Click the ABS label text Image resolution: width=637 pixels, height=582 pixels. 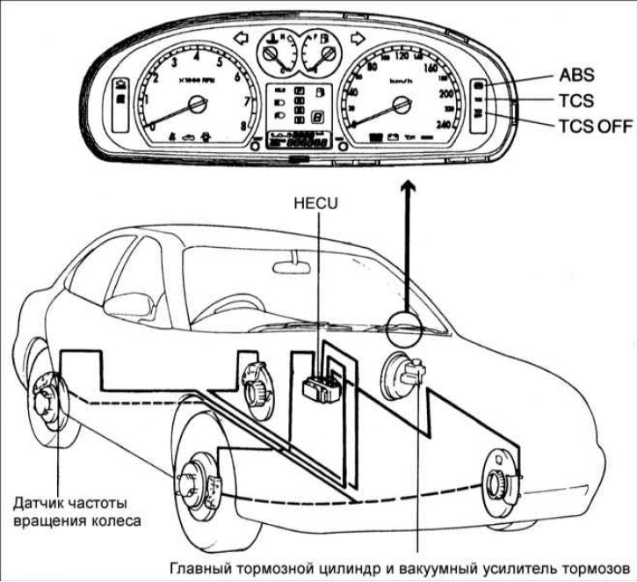[577, 77]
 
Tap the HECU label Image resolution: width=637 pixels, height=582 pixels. [318, 202]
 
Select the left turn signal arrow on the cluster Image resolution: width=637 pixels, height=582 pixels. [242, 39]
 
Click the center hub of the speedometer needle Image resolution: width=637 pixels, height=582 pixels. [403, 105]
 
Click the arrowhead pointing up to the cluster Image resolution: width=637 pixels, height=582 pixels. [406, 187]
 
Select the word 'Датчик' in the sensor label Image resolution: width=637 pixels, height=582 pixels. [40, 504]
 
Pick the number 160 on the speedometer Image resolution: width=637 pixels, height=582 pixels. [431, 68]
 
